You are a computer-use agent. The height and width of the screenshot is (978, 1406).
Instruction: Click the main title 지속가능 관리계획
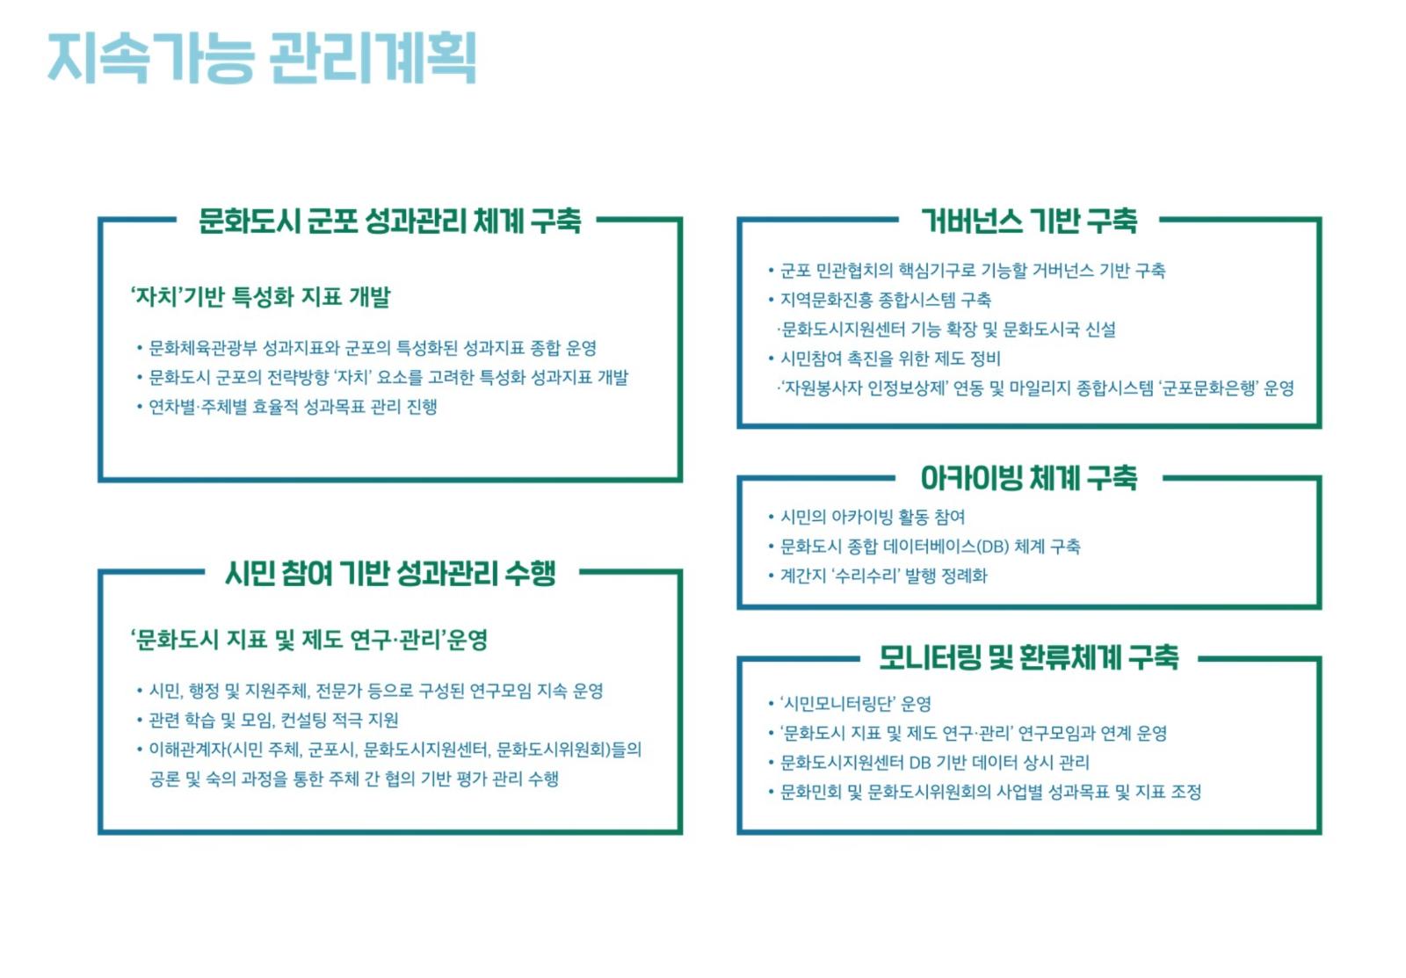coord(263,58)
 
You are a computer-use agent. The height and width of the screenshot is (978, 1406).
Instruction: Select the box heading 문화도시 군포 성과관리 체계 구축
coord(390,221)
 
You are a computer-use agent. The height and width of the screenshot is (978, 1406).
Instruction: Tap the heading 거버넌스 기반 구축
coord(1029,221)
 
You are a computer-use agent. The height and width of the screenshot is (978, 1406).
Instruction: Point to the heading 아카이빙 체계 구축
coord(1029,478)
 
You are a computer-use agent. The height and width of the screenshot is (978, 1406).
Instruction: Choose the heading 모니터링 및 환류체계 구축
coord(1029,657)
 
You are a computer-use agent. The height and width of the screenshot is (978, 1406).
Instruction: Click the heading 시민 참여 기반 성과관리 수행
coord(390,573)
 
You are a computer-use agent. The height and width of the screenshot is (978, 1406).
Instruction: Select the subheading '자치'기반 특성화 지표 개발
coord(260,296)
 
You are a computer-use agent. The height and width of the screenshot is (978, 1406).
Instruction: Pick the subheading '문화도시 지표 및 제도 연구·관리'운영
coord(308,640)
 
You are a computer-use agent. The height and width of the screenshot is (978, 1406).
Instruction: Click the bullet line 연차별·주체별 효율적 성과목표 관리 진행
coord(293,407)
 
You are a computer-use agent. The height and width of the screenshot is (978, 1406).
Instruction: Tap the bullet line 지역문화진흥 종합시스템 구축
coord(885,300)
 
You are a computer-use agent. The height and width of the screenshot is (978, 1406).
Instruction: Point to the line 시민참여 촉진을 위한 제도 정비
coord(890,359)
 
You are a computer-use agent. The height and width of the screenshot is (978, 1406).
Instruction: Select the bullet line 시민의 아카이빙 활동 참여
coord(873,517)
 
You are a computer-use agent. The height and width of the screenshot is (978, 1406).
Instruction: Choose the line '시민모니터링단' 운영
coord(856,704)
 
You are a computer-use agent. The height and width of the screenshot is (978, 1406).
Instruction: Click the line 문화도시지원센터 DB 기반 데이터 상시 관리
coord(934,762)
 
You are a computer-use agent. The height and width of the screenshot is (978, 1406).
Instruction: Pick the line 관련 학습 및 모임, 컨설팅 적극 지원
coord(273,720)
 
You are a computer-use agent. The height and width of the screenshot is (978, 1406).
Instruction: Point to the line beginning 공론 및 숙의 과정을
coord(353,779)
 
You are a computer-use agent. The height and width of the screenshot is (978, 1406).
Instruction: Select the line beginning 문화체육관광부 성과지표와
coord(373,348)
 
